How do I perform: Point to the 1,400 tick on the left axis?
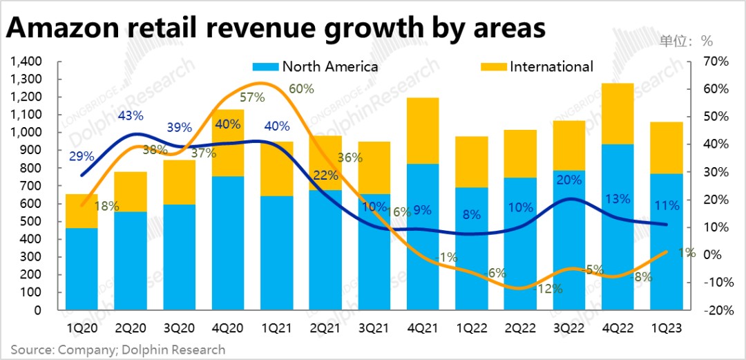coord(27,61)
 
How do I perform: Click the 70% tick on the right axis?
coord(716,61)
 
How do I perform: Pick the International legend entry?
coord(551,66)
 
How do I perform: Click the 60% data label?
coord(301,89)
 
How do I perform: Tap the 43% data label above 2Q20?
coord(130,115)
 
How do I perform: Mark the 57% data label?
coord(252,97)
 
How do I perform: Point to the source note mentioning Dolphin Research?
coord(117,349)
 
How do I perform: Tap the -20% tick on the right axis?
coord(716,310)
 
